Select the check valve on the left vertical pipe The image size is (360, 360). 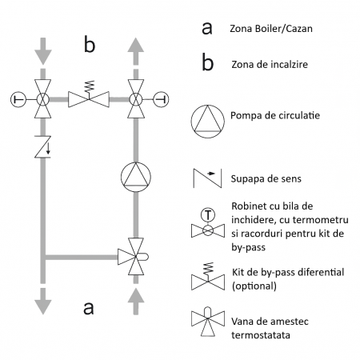(41, 147)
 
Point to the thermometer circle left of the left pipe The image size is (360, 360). (16, 99)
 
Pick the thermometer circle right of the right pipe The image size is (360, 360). (159, 99)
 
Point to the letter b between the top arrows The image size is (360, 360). (88, 46)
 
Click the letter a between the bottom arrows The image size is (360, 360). (88, 307)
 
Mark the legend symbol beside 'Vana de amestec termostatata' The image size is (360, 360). (207, 323)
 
